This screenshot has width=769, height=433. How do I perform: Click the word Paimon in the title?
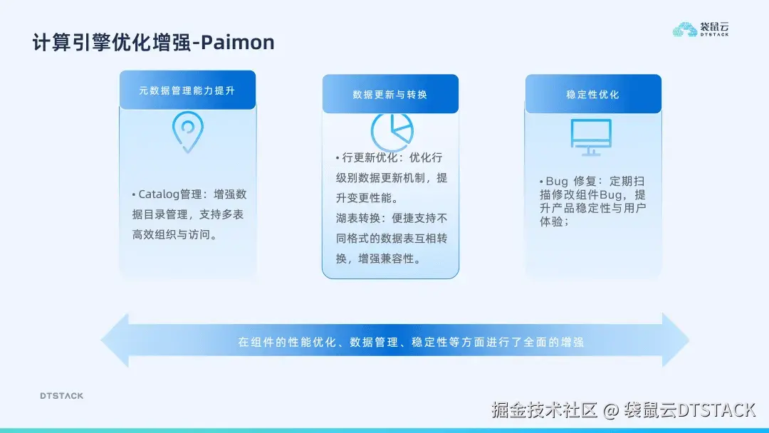tap(237, 43)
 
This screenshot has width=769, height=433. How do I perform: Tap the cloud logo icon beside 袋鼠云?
tap(685, 29)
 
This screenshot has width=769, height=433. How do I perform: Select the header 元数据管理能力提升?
tap(187, 91)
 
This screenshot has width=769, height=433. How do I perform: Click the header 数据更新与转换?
tap(390, 95)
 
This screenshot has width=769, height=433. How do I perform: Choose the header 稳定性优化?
tap(593, 95)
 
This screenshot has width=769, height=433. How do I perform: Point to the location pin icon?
tap(187, 132)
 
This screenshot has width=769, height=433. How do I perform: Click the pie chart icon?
tap(392, 132)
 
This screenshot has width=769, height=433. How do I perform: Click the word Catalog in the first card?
tap(159, 194)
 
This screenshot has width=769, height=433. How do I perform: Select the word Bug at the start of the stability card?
tap(557, 182)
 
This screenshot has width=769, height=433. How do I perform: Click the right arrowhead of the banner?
tap(676, 340)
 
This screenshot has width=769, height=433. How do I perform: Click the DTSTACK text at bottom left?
tap(61, 396)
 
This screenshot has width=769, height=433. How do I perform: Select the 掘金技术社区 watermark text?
tap(544, 410)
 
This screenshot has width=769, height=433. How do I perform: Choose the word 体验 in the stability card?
tap(552, 221)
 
